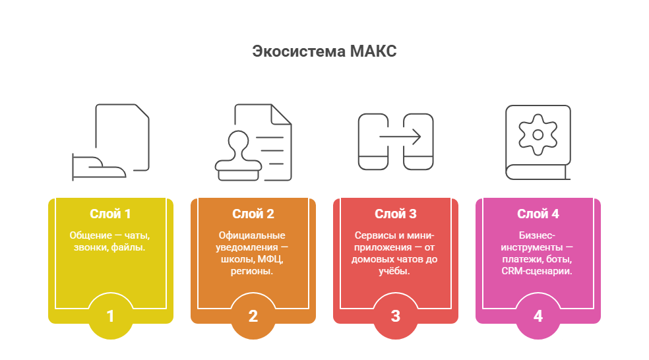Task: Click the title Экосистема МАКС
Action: (324, 51)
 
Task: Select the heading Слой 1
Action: (111, 214)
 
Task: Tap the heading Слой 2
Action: (253, 214)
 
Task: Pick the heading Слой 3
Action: (395, 214)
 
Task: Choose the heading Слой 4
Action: (538, 214)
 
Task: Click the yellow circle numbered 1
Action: (111, 316)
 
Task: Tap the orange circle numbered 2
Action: (253, 316)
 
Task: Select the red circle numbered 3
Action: (395, 316)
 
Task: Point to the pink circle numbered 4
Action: (538, 316)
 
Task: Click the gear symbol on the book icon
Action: (538, 135)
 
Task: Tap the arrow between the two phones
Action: (400, 136)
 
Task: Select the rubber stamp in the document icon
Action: (238, 156)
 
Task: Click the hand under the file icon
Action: (98, 167)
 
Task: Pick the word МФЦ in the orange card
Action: (270, 259)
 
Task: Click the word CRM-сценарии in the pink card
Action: (537, 272)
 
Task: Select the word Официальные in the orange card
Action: (252, 235)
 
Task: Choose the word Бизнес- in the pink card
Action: (537, 235)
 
